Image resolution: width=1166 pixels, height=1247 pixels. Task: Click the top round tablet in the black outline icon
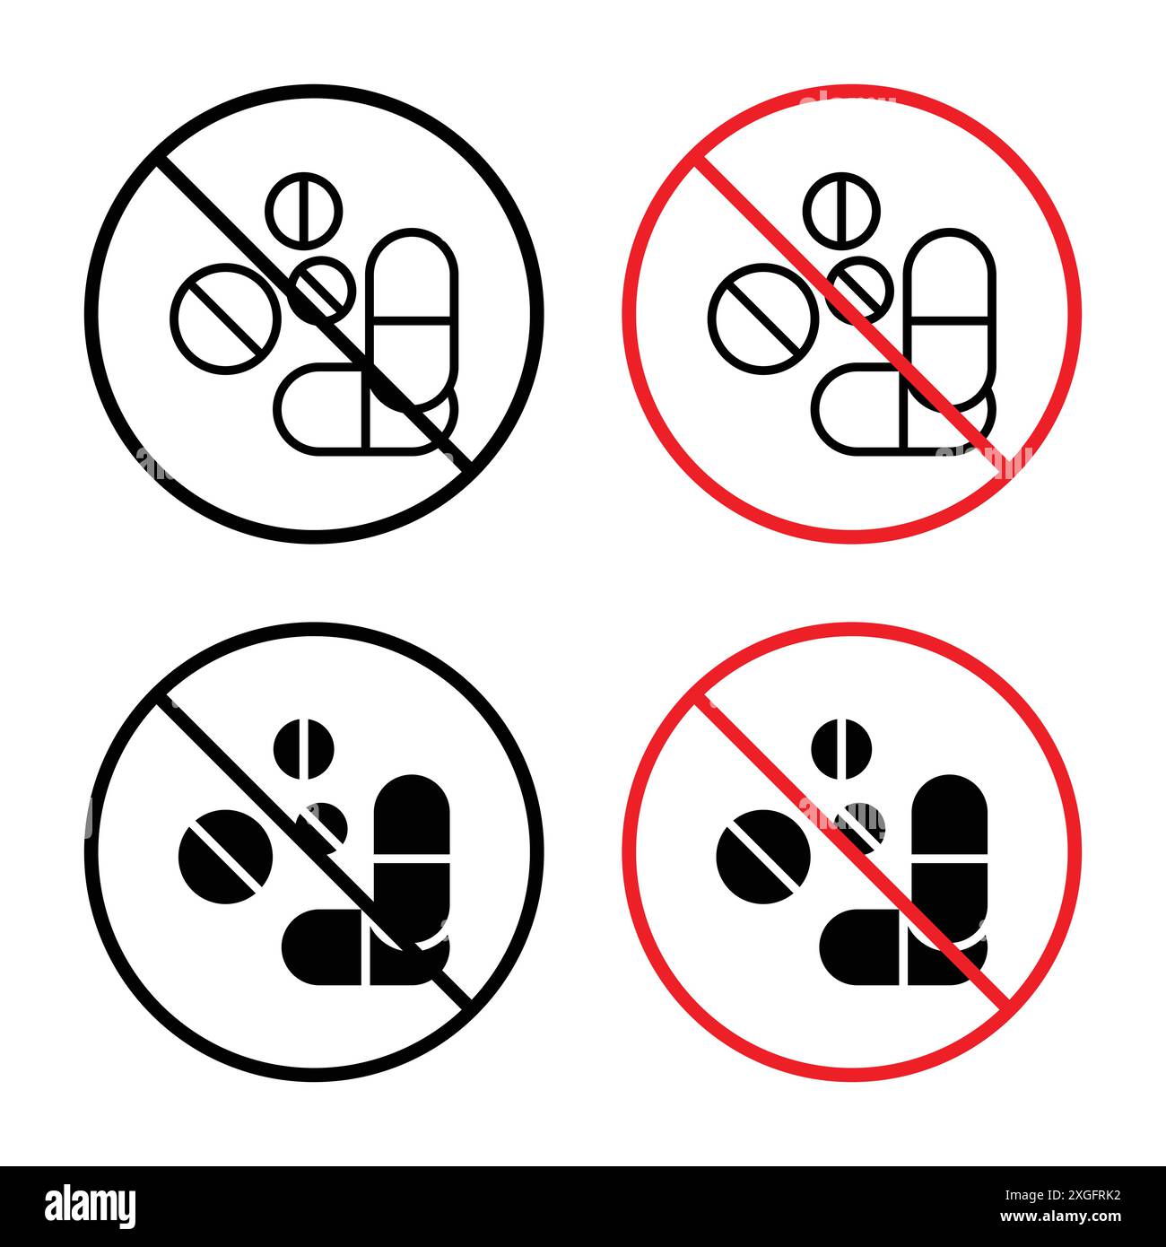[x=304, y=207]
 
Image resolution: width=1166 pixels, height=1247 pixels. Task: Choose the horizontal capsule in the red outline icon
[x=870, y=408]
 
